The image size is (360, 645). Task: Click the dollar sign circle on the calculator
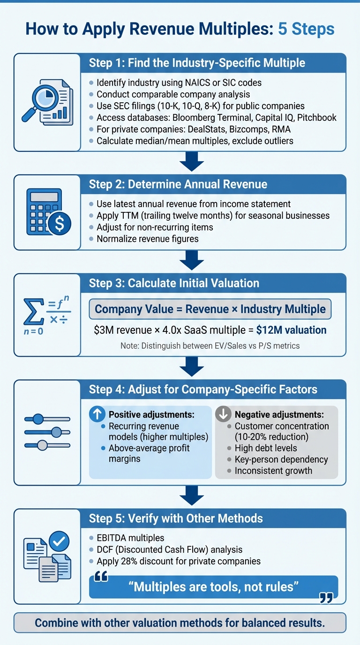(x=60, y=224)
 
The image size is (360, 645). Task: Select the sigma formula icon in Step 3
(x=45, y=315)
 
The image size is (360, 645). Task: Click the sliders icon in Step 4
(x=47, y=432)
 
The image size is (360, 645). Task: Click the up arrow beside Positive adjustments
(x=97, y=414)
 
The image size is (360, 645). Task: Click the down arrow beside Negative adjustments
(x=223, y=414)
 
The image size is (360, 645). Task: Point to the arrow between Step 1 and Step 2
(x=192, y=162)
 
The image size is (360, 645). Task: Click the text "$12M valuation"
(x=291, y=330)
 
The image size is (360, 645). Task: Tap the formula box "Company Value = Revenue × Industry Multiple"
(x=210, y=309)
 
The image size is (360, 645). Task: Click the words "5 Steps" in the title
(x=306, y=29)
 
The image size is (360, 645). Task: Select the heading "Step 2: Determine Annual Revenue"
(x=178, y=184)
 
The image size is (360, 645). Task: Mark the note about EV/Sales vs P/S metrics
(x=210, y=346)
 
